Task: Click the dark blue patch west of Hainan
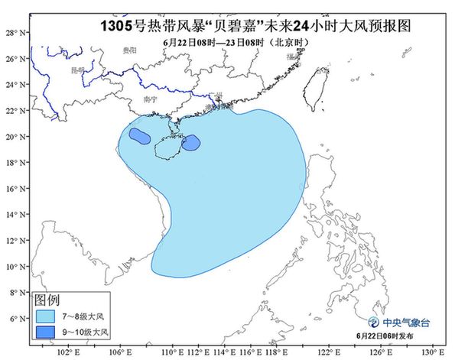tap(138, 136)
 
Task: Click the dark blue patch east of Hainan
tap(190, 142)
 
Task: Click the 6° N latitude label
tap(13, 318)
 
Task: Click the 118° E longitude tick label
tap(276, 352)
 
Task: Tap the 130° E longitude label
tap(434, 352)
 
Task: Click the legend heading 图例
tap(47, 299)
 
